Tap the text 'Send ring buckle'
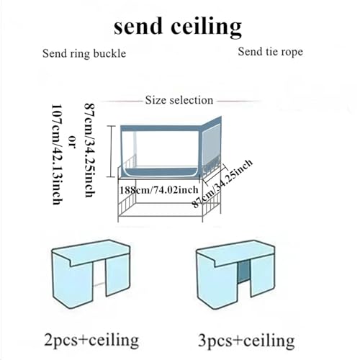click(x=84, y=54)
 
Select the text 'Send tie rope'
click(x=271, y=52)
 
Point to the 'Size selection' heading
click(x=179, y=100)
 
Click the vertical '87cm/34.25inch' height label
click(x=91, y=150)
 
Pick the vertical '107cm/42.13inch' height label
click(x=58, y=154)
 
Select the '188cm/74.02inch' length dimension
click(x=159, y=190)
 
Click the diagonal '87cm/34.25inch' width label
click(x=222, y=184)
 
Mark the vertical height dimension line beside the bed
click(x=111, y=151)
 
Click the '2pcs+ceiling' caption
click(x=91, y=340)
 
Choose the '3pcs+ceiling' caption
click(x=246, y=341)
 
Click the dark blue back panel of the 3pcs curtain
click(x=244, y=272)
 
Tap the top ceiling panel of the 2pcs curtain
click(x=91, y=253)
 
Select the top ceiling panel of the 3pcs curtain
click(x=235, y=253)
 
